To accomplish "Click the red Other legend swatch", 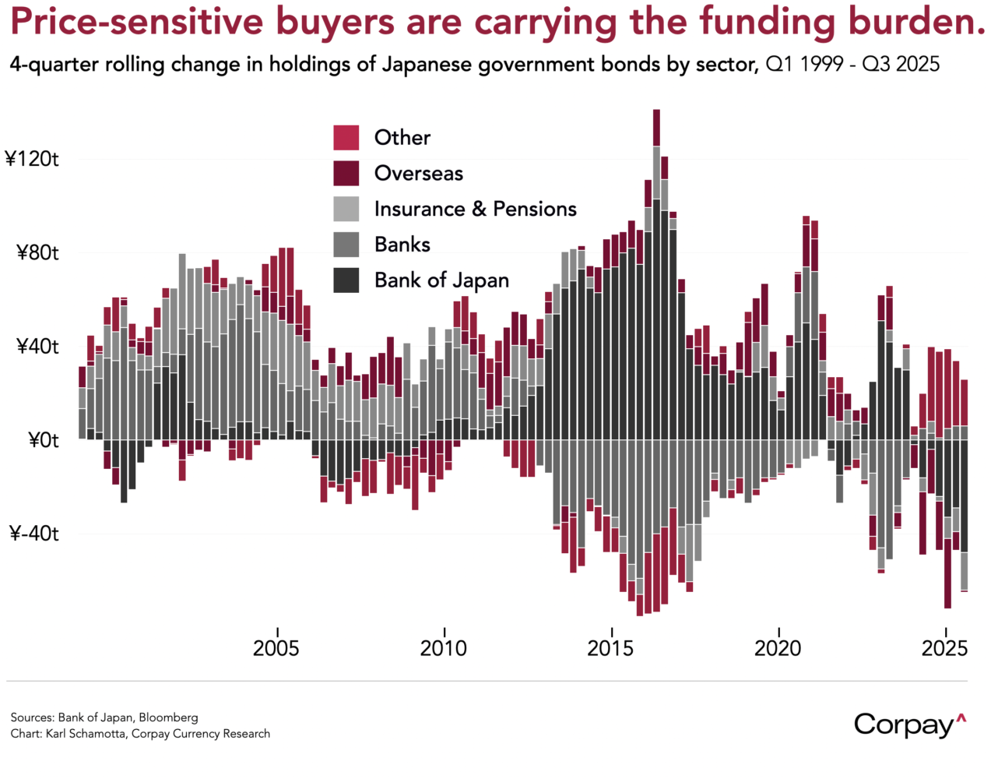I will tap(346, 138).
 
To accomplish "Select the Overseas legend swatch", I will tap(346, 174).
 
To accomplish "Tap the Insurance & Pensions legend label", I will tap(475, 210).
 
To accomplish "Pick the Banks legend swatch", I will tap(346, 245).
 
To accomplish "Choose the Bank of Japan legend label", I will tap(441, 280).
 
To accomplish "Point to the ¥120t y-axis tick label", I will tap(33, 160).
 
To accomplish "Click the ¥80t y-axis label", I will tap(37, 253).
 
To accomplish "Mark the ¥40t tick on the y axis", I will tap(37, 347).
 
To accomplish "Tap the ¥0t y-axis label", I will tap(44, 441).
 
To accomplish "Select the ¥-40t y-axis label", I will tap(34, 534).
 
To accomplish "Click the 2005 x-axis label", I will tap(276, 648).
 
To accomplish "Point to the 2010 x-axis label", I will tap(444, 648).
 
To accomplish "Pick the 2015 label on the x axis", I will tap(611, 648).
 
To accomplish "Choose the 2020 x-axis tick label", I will tap(778, 648).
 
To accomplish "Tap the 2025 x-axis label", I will tap(945, 648).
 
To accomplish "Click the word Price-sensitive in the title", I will tap(137, 22).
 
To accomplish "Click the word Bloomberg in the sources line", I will tap(168, 717).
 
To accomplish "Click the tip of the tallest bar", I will tap(656, 111).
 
